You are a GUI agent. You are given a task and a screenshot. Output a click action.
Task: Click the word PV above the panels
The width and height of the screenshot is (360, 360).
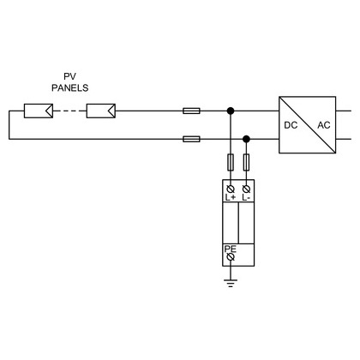(x=69, y=76)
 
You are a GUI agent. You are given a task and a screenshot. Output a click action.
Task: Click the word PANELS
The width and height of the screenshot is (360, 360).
(x=70, y=87)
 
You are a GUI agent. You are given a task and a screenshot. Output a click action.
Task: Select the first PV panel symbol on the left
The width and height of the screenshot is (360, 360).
(x=39, y=111)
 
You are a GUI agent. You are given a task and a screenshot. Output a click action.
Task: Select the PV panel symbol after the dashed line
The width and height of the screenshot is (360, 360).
(x=101, y=111)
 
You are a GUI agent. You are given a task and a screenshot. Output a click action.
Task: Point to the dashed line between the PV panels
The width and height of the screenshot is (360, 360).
(x=69, y=111)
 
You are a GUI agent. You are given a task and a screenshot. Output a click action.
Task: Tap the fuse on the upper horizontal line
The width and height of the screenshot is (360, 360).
(x=191, y=111)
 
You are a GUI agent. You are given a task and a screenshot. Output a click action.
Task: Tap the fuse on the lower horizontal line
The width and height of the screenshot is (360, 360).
(x=191, y=139)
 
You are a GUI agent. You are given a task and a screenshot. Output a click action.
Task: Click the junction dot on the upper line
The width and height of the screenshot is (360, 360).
(x=231, y=111)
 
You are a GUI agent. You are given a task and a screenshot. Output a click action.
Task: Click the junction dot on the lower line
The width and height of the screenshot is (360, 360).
(x=246, y=139)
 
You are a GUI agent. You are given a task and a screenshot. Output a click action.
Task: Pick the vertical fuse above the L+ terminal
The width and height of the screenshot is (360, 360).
(x=231, y=162)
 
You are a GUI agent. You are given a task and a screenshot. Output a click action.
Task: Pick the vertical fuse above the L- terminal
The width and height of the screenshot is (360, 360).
(x=246, y=162)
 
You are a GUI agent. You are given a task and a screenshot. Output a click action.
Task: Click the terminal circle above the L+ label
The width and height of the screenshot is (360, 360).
(x=231, y=189)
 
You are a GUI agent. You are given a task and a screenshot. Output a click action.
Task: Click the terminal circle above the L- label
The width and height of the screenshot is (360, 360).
(x=246, y=189)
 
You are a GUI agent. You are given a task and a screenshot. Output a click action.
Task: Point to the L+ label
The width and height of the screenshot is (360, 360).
(x=231, y=197)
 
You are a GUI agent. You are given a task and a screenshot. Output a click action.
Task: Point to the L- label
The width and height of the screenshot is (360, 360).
(x=246, y=197)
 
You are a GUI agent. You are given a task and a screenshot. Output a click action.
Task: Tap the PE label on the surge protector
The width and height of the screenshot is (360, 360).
(x=231, y=249)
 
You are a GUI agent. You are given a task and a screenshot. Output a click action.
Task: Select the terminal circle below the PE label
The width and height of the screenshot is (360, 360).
(x=231, y=257)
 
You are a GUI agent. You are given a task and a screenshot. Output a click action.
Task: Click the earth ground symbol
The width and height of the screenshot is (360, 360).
(x=231, y=283)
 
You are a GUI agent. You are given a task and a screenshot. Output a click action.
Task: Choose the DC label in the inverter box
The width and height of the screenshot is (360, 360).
(x=291, y=125)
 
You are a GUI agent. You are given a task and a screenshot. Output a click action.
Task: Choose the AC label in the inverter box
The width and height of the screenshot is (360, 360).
(x=324, y=125)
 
